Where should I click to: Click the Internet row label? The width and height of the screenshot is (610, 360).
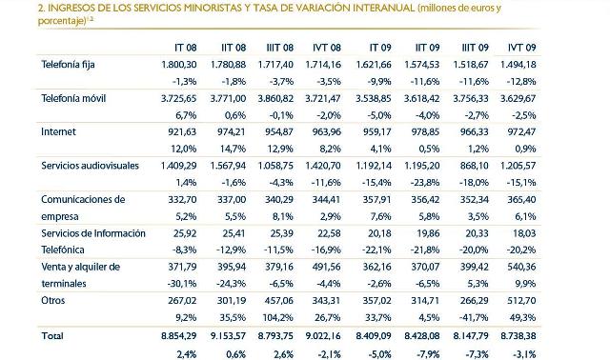pyautogui.click(x=58, y=130)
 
